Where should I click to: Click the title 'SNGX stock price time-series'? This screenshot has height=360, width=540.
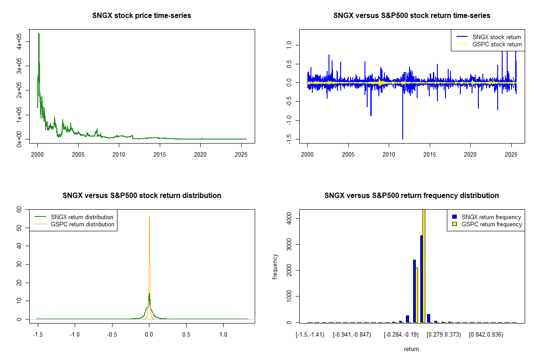click(142, 16)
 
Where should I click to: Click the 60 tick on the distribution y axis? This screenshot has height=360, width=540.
click(19, 209)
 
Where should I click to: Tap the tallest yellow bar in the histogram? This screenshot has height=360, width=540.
click(424, 265)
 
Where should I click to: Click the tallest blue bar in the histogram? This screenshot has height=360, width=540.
click(422, 279)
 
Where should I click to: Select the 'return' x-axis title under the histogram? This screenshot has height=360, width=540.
click(411, 349)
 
